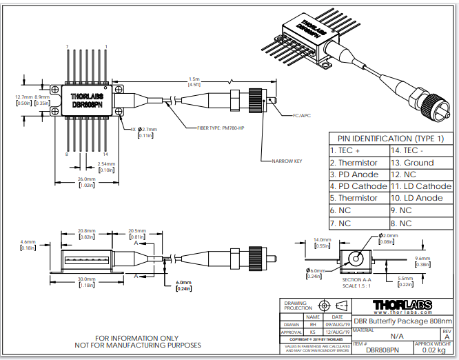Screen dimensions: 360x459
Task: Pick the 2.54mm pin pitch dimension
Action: pyautogui.click(x=107, y=163)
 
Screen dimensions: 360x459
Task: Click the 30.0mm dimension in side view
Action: pyautogui.click(x=86, y=279)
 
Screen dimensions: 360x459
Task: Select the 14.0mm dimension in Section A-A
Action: pyautogui.click(x=323, y=239)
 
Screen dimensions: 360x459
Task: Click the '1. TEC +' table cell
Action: pyautogui.click(x=345, y=150)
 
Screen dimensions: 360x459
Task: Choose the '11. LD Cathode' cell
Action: pyautogui.click(x=421, y=186)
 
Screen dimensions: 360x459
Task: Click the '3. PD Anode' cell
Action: pyautogui.click(x=354, y=174)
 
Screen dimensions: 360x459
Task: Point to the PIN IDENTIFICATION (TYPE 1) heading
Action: pyautogui.click(x=391, y=139)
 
